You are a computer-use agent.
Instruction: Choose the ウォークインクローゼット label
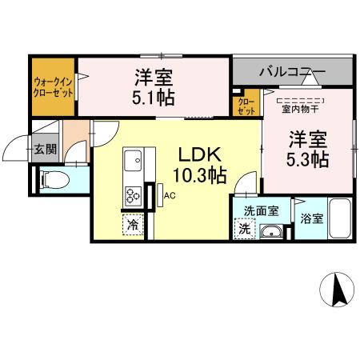54,87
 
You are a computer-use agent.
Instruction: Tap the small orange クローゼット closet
246,105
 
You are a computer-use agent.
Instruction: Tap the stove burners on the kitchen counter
132,194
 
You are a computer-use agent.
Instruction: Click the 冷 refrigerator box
132,225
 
